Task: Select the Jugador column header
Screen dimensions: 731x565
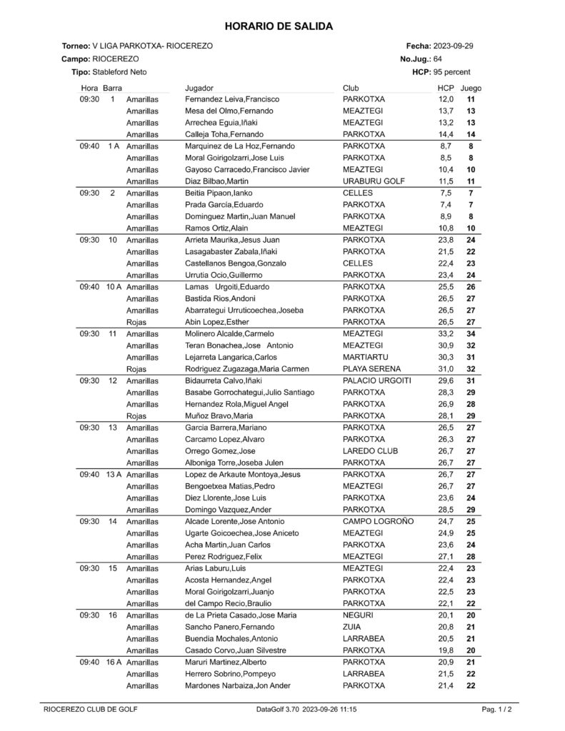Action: tap(200, 88)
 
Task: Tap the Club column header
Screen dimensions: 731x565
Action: tap(351, 88)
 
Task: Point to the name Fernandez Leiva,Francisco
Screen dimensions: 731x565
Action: tap(231, 99)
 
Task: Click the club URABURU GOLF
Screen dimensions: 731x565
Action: tap(374, 181)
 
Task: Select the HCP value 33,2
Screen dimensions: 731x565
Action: tap(446, 333)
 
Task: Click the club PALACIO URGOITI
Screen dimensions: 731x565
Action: tap(376, 380)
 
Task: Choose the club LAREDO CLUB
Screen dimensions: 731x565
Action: tap(370, 450)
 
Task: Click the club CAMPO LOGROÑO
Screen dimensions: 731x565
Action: tap(378, 521)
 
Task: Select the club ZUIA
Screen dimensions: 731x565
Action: tap(351, 627)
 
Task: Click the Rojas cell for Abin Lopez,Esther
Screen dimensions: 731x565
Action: tap(136, 322)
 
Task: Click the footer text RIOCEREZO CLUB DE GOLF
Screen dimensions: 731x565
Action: tap(91, 710)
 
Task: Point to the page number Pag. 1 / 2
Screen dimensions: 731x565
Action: tap(496, 710)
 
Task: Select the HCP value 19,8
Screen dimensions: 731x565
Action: tap(446, 650)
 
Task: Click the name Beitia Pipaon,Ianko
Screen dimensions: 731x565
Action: tap(219, 193)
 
